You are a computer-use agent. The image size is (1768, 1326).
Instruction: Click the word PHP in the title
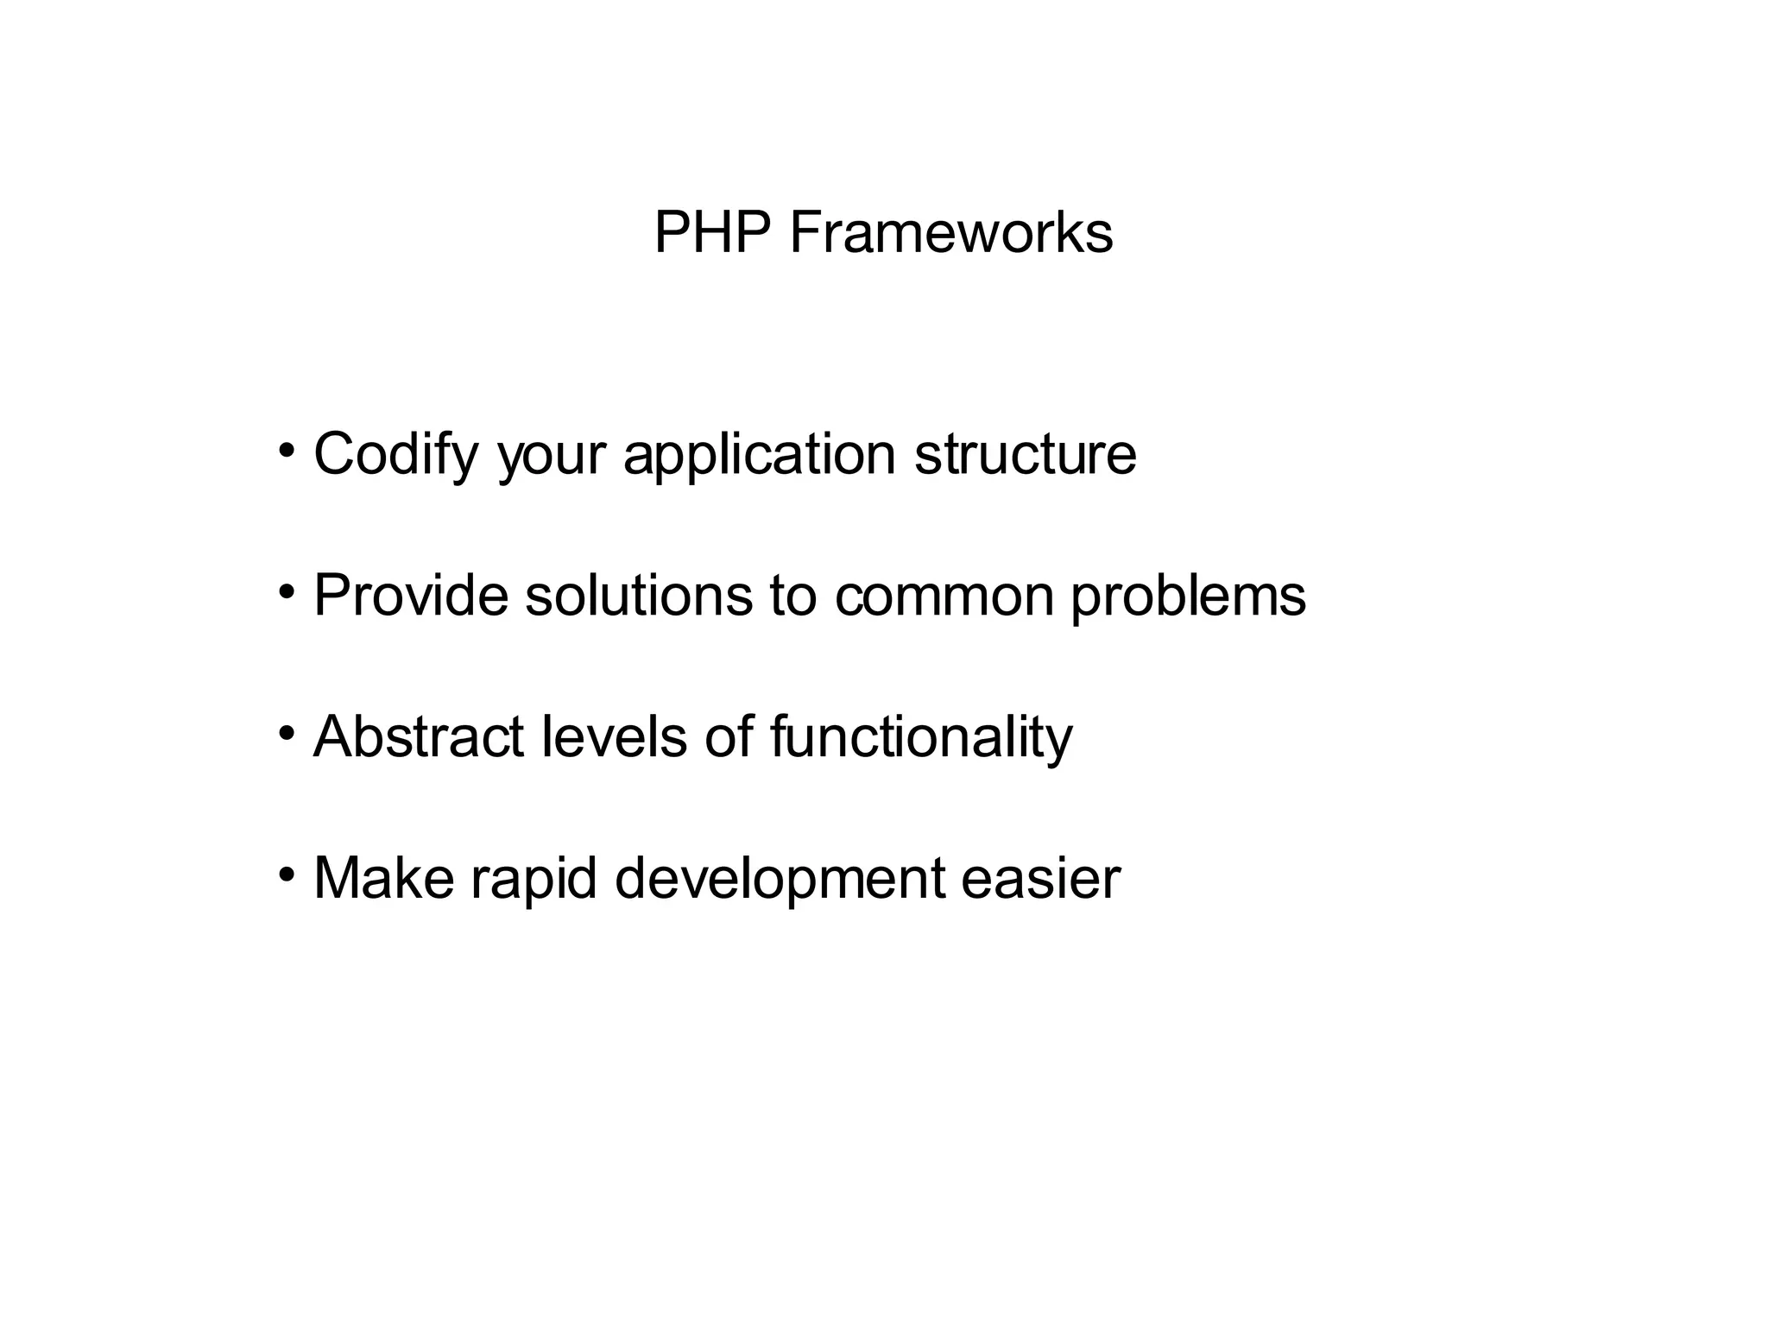click(x=711, y=233)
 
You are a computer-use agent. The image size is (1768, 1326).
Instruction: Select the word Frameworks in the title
click(x=950, y=233)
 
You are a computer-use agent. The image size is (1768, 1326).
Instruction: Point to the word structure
click(x=1026, y=453)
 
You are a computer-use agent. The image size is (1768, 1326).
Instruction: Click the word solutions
click(x=639, y=596)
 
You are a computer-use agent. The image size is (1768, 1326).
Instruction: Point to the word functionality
click(x=921, y=738)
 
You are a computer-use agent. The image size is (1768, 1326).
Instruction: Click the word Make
click(x=383, y=878)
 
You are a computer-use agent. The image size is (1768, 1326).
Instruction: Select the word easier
click(x=1041, y=878)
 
